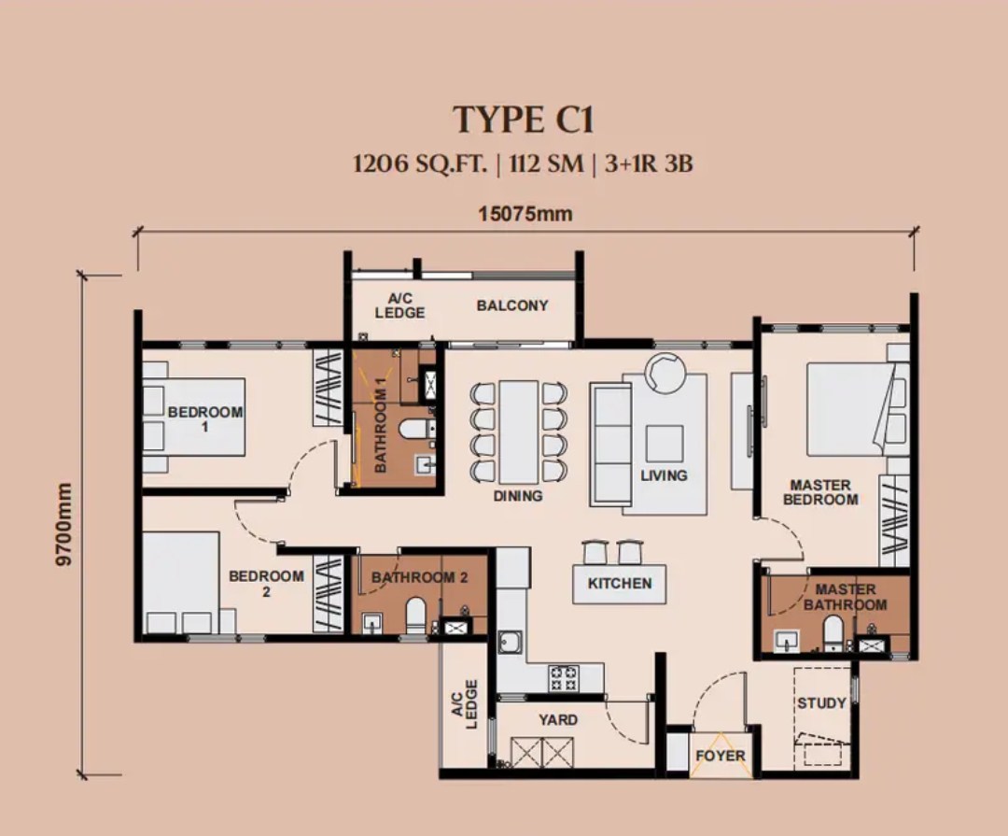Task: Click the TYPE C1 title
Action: pyautogui.click(x=524, y=120)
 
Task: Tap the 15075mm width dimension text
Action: pyautogui.click(x=525, y=214)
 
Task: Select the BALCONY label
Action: pyautogui.click(x=512, y=305)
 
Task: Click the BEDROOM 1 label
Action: pyautogui.click(x=205, y=418)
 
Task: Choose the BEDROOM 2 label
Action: pyautogui.click(x=266, y=583)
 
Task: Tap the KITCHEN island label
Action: pyautogui.click(x=620, y=584)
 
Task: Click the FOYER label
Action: pyautogui.click(x=721, y=756)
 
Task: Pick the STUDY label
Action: pyautogui.click(x=821, y=702)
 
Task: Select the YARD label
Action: pyautogui.click(x=558, y=720)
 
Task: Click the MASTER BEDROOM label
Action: pyautogui.click(x=820, y=492)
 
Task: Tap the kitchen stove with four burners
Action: pyautogui.click(x=565, y=677)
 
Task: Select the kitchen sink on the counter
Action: pyautogui.click(x=511, y=643)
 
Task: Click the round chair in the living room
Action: pyautogui.click(x=666, y=374)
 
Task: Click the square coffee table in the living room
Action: pyautogui.click(x=664, y=443)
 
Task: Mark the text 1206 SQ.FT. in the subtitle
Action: pyautogui.click(x=420, y=165)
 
